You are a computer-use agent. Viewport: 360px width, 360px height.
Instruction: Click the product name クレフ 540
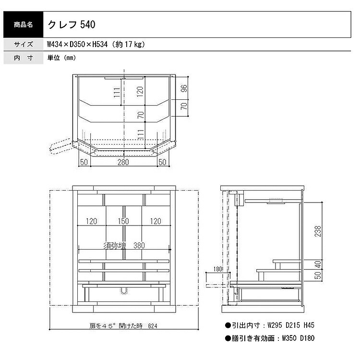[x=72, y=24]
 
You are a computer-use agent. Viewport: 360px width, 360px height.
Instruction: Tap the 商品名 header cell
[x=23, y=24]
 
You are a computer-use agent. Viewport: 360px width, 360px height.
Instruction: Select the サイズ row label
[x=23, y=44]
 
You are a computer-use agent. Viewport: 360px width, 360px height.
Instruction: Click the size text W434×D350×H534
[x=77, y=44]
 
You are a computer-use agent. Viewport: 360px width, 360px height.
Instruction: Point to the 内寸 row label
[x=23, y=58]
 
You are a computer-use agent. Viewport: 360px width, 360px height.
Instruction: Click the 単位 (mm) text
[x=61, y=58]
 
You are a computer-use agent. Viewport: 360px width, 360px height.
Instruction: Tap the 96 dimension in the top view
[x=184, y=88]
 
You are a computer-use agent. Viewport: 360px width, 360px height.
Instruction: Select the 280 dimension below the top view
[x=123, y=162]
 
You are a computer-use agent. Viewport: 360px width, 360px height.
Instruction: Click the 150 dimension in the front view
[x=123, y=221]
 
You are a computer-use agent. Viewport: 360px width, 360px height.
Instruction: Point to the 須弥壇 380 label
[x=124, y=246]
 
